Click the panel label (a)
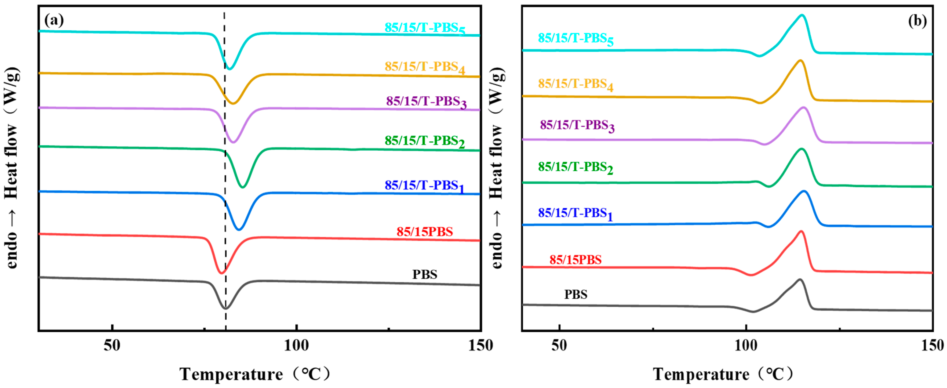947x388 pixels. click(54, 20)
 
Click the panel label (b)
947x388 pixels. click(917, 21)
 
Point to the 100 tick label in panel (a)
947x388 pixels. click(296, 346)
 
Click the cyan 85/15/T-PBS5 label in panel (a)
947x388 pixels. click(425, 28)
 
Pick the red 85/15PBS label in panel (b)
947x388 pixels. click(575, 260)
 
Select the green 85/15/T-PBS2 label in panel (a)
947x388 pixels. click(425, 141)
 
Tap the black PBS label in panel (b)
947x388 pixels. click(576, 294)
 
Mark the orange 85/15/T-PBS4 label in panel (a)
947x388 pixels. click(425, 67)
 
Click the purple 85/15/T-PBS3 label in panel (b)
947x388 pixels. click(577, 126)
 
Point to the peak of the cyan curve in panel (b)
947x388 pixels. click(802, 15)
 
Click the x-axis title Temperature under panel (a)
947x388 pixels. click(231, 374)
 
